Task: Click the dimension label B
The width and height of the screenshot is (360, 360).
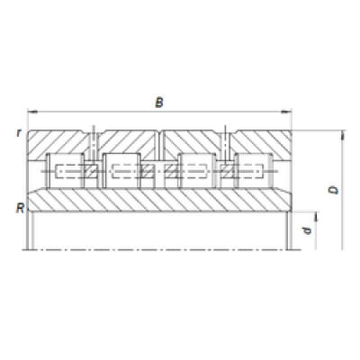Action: pyautogui.click(x=159, y=103)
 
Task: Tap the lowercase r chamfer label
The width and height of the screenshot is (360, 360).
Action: pyautogui.click(x=19, y=132)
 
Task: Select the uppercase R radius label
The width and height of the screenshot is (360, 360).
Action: pyautogui.click(x=20, y=208)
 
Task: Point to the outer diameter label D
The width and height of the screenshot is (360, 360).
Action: pyautogui.click(x=333, y=190)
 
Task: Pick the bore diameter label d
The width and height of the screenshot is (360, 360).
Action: pyautogui.click(x=307, y=230)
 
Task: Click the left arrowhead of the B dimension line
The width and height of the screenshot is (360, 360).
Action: pyautogui.click(x=32, y=112)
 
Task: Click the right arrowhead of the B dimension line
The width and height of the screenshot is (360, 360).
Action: pyautogui.click(x=286, y=112)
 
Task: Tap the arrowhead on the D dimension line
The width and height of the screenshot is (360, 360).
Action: pyautogui.click(x=342, y=135)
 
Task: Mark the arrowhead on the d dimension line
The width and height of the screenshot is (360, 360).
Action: pyautogui.click(x=316, y=217)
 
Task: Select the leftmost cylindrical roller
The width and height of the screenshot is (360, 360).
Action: pyautogui.click(x=65, y=171)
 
